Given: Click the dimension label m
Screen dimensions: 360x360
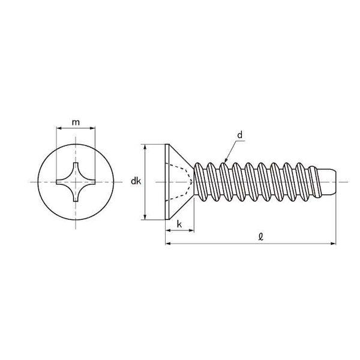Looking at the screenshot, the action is pos(76,122).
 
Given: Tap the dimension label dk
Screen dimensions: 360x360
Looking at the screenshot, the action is pos(136,181).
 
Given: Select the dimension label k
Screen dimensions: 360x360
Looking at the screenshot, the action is pos(179,224).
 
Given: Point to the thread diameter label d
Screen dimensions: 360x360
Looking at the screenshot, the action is pos(239,135).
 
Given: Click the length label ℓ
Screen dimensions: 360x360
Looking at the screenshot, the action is pos(260,236).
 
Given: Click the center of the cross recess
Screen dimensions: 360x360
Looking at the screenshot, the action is pos(76,182).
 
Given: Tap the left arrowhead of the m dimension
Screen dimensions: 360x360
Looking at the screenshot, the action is pos(59,128).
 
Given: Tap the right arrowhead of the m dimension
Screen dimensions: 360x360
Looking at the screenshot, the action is pos(92,128).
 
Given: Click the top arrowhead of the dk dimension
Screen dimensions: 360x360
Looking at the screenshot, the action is pos(145,147).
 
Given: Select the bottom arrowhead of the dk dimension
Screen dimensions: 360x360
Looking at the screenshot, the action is pos(145,217).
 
